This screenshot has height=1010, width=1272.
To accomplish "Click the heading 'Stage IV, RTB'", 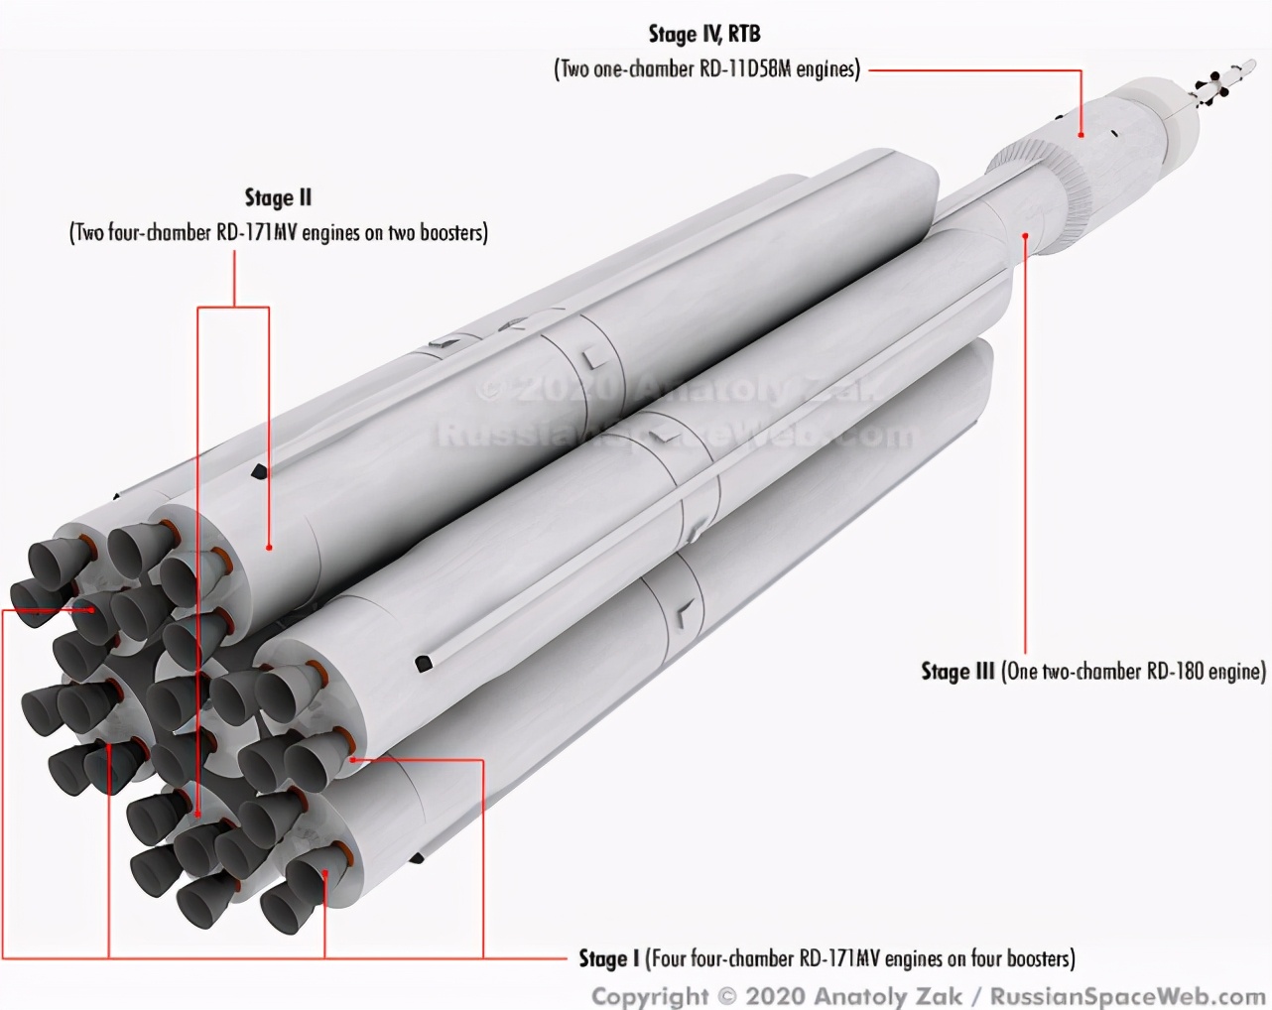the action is tap(704, 35).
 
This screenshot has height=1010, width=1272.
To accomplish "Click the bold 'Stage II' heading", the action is tap(278, 197).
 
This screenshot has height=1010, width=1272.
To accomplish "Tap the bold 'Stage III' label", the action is tap(957, 672).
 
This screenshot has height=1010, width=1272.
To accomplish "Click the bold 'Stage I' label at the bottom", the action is tap(609, 958).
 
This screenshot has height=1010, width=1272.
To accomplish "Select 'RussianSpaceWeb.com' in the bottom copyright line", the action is tap(1127, 996).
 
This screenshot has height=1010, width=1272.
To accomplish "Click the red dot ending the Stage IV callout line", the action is tap(1081, 135).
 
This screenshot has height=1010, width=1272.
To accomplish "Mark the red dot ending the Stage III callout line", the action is tap(1026, 235).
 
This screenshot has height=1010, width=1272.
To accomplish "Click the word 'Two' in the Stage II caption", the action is tap(89, 233).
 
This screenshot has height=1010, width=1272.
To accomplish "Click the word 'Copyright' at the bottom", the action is tap(650, 997).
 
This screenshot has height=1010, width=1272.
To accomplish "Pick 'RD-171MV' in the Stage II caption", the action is tap(256, 233).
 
